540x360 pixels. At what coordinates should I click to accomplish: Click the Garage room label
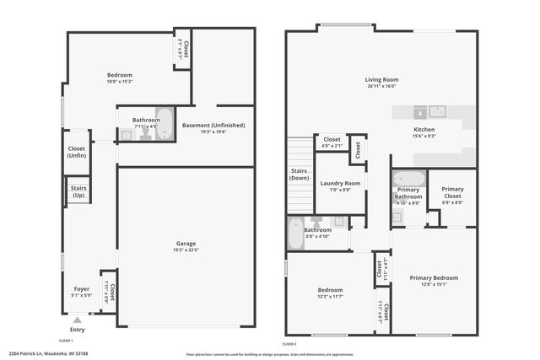point(186,244)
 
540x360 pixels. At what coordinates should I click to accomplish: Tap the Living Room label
point(382,80)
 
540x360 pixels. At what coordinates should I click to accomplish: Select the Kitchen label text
point(424,130)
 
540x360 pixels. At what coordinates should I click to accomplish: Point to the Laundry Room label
point(340,183)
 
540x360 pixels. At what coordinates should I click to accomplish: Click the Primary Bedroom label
point(434,278)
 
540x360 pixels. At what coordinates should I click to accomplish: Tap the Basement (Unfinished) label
point(213,126)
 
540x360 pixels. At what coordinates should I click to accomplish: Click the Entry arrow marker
point(77,320)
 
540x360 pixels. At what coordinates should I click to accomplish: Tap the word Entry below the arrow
point(77,330)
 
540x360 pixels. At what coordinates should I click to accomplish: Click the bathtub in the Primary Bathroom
point(410,179)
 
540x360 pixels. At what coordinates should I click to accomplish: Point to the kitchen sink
point(437,110)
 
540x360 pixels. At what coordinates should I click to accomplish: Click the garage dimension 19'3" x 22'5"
point(186,250)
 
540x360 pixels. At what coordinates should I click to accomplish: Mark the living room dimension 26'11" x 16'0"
point(382,86)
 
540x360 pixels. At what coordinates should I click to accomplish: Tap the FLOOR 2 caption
point(289,345)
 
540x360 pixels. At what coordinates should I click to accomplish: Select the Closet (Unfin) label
point(77,153)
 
